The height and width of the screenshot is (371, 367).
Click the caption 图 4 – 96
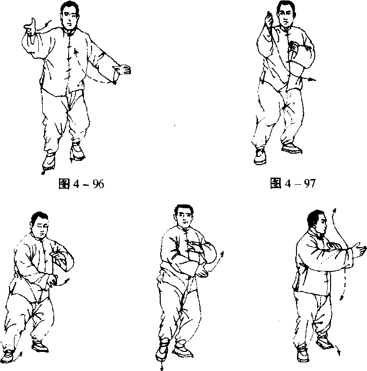click(x=82, y=184)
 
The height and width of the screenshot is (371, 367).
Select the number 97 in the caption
click(x=309, y=183)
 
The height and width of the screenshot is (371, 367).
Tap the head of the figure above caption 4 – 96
click(x=69, y=15)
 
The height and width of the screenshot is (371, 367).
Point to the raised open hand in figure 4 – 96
click(x=30, y=26)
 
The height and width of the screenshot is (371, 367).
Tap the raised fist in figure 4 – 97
click(x=269, y=19)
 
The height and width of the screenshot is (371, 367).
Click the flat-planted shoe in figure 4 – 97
click(x=292, y=148)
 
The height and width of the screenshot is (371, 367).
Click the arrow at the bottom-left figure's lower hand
click(x=63, y=282)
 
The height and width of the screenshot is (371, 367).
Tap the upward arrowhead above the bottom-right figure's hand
click(x=334, y=210)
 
